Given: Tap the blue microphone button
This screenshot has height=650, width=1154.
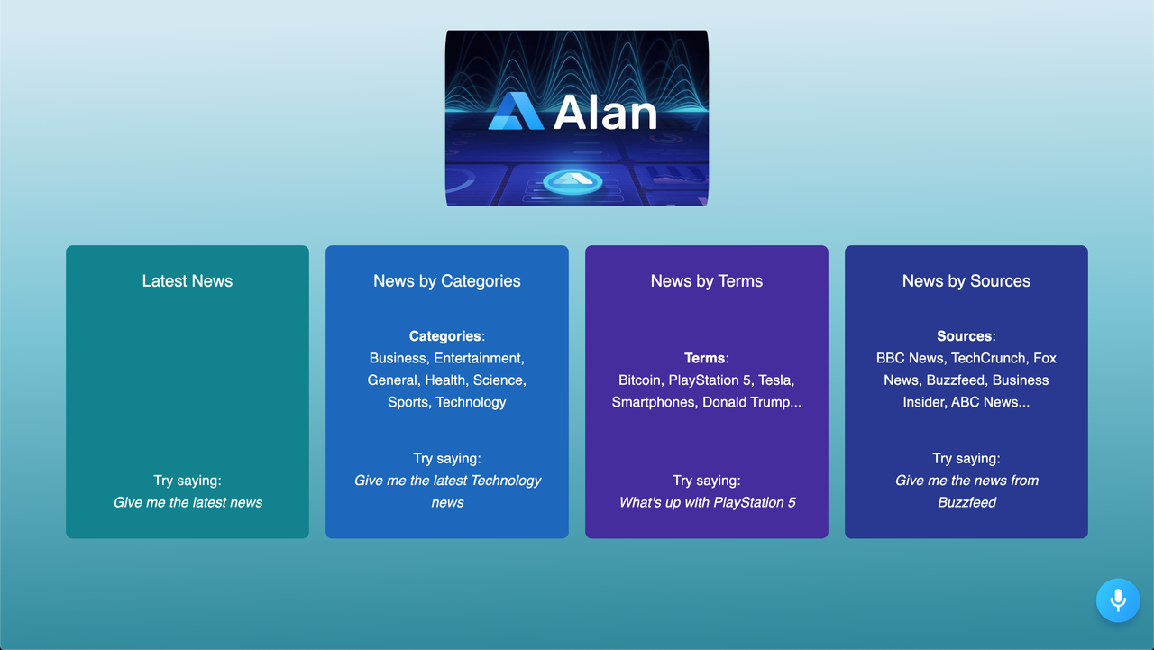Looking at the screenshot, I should click(x=1118, y=600).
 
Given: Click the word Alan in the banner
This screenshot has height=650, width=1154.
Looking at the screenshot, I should click(x=605, y=113).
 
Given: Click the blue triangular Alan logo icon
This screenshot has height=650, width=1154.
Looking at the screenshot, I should click(x=516, y=112).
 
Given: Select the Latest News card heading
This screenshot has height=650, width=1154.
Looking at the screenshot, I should click(x=188, y=281).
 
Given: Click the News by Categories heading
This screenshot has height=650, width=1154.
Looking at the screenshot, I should click(x=447, y=281).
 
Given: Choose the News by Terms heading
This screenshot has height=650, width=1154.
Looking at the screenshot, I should click(x=707, y=281).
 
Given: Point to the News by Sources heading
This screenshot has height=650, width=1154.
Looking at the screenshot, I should click(x=966, y=281).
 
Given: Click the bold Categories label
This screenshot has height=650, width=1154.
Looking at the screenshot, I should click(x=445, y=336).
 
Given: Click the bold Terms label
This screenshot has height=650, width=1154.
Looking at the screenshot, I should click(x=705, y=358).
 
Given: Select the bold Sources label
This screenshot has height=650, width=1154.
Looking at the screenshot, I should click(x=965, y=336).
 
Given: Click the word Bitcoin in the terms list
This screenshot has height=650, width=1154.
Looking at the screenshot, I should click(x=639, y=380).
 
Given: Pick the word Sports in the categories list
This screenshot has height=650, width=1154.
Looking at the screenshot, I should click(x=408, y=402).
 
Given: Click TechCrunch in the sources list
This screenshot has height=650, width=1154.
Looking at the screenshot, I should click(x=988, y=358).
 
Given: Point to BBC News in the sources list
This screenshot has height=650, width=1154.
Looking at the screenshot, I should click(x=910, y=358).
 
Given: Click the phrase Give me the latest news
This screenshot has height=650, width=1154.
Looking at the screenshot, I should click(x=188, y=502).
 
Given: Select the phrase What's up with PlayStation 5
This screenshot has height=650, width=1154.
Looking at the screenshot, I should click(x=707, y=502).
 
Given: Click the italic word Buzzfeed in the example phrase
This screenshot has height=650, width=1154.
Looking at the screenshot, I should click(x=966, y=502).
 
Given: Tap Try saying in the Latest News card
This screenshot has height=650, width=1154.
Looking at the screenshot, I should click(x=188, y=481).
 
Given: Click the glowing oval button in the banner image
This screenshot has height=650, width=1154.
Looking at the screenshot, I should click(x=577, y=181).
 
